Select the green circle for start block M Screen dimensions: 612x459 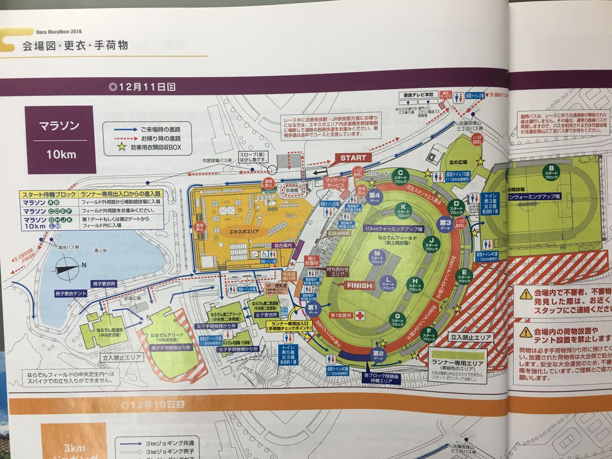click(x=377, y=256)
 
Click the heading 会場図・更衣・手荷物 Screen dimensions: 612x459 click(x=75, y=46)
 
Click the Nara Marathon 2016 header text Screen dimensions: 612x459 click(x=59, y=32)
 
